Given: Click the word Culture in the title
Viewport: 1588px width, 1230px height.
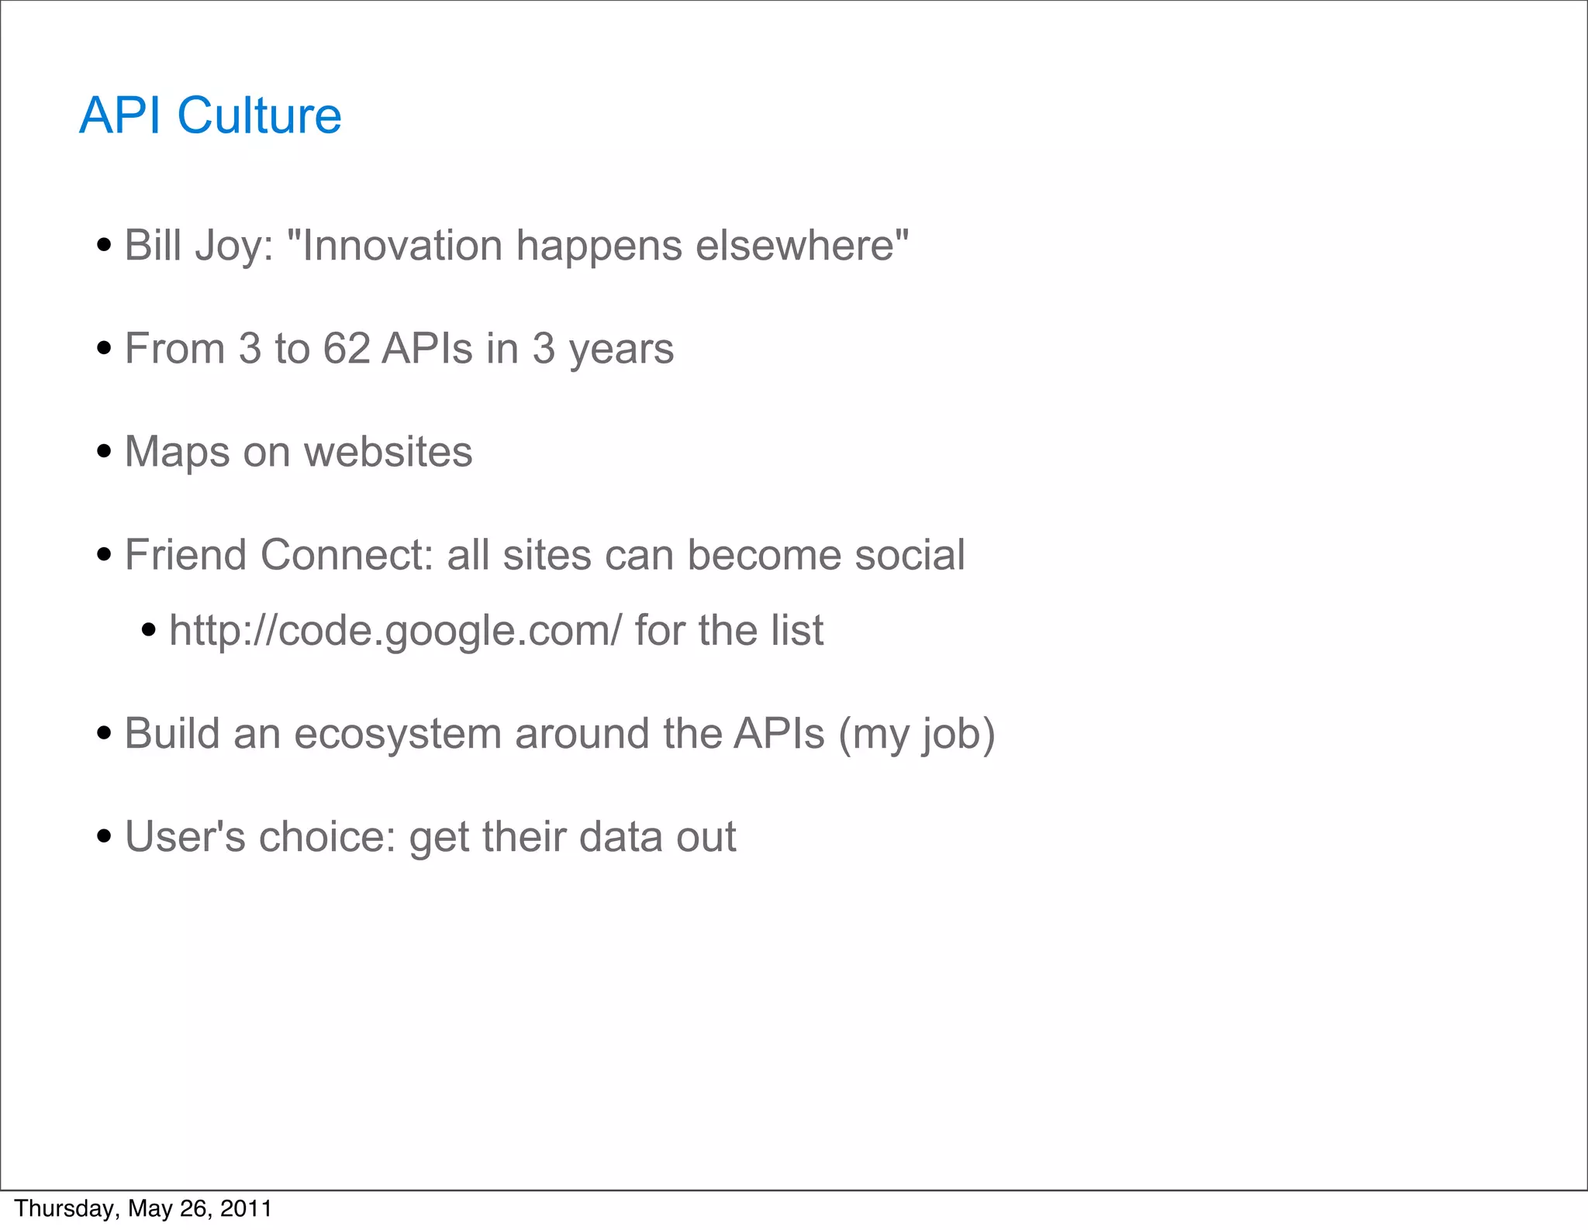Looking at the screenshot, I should pyautogui.click(x=259, y=116).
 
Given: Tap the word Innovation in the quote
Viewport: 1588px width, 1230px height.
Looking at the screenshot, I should pyautogui.click(x=402, y=246).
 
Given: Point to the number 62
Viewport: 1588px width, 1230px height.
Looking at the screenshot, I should pyautogui.click(x=346, y=349).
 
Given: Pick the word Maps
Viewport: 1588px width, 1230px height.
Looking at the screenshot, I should pyautogui.click(x=177, y=453).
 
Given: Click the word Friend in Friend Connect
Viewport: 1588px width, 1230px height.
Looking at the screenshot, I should pyautogui.click(x=185, y=555).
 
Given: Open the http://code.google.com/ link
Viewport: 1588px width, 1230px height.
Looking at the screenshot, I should pyautogui.click(x=395, y=631).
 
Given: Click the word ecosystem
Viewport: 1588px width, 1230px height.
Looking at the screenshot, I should pyautogui.click(x=397, y=735).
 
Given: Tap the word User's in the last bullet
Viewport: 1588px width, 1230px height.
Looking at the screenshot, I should pyautogui.click(x=185, y=837).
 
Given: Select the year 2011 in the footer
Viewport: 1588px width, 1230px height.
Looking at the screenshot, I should pyautogui.click(x=247, y=1208).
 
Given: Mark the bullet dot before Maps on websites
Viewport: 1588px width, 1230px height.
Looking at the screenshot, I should pyautogui.click(x=104, y=452).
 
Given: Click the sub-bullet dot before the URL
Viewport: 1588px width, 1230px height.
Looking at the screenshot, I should pyautogui.click(x=149, y=630).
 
